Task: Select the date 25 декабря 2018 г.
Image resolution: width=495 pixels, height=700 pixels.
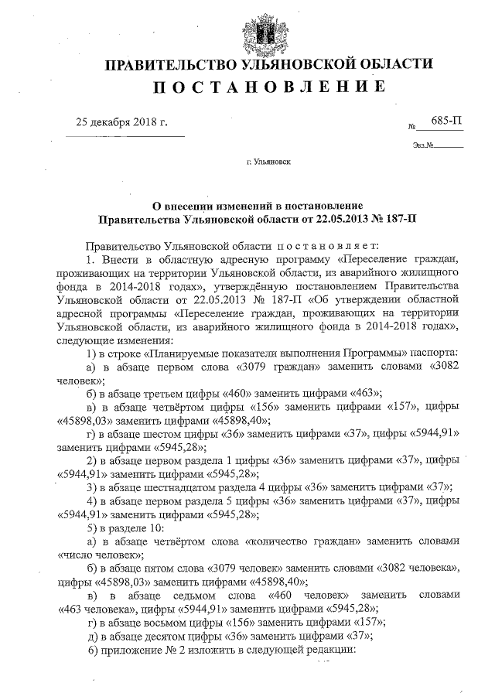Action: (x=121, y=122)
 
